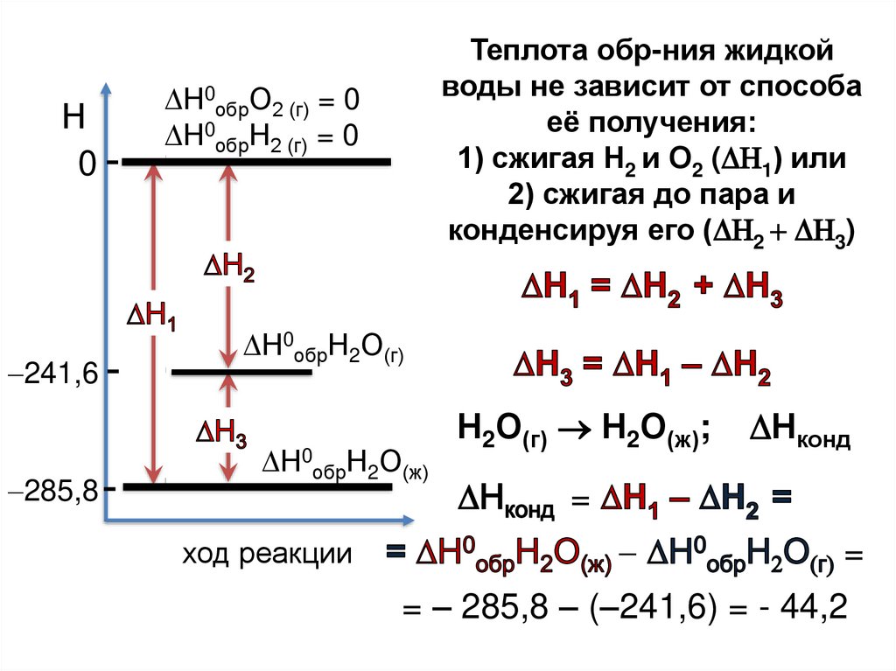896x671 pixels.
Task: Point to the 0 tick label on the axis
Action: pos(87,164)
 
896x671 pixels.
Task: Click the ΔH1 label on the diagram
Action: pos(152,317)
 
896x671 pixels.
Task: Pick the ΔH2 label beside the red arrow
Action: pos(229,268)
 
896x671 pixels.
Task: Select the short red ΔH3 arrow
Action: pos(228,429)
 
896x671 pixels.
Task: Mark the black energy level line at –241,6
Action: pos(241,373)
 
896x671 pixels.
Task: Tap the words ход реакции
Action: pos(267,554)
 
